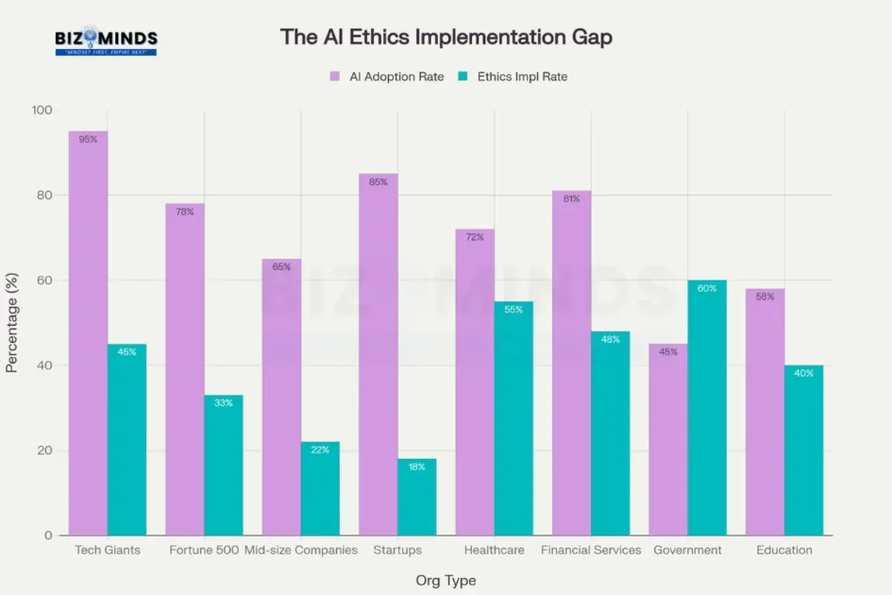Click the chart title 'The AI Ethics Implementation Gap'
(446, 37)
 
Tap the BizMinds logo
(106, 41)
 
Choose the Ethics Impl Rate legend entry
(520, 76)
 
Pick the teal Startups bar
(417, 497)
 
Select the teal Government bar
(707, 408)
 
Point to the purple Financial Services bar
(572, 364)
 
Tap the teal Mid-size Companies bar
(320, 488)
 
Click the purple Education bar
(765, 412)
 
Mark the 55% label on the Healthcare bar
(513, 310)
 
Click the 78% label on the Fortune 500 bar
(185, 212)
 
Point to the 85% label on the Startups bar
(379, 182)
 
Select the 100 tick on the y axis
(42, 110)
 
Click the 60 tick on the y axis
(45, 280)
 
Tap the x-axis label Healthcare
(494, 550)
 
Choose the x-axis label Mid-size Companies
(301, 550)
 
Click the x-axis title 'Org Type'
(446, 580)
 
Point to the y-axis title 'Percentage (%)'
(12, 324)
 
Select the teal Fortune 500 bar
(224, 465)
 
